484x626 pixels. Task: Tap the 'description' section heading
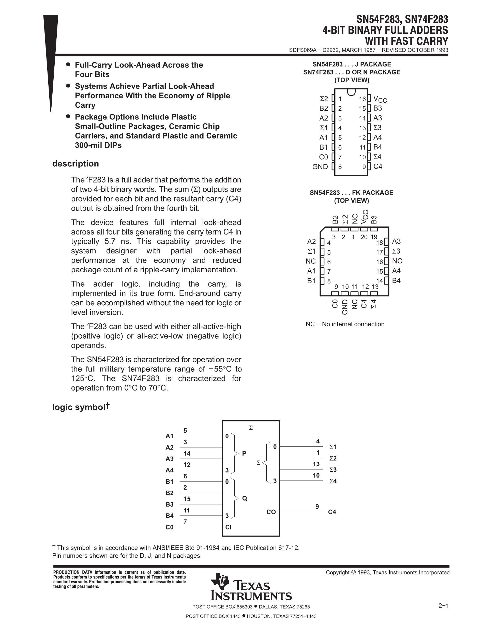tap(75, 164)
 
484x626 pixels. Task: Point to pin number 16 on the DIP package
tap(362, 99)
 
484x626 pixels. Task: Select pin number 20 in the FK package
tap(364, 237)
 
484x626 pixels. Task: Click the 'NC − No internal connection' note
tap(345, 324)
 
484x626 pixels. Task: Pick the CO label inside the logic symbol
tap(271, 512)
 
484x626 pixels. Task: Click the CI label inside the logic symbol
tap(229, 527)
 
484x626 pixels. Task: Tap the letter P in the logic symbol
tap(244, 453)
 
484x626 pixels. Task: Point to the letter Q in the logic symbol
tap(244, 498)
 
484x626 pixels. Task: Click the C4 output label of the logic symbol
tap(332, 512)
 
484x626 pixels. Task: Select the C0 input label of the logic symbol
tap(170, 527)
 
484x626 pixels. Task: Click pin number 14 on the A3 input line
tap(187, 453)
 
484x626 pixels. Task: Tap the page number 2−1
tap(443, 606)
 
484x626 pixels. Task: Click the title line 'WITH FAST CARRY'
tap(406, 41)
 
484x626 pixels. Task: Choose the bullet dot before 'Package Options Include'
tap(68, 116)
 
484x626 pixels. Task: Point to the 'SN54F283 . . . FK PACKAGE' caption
tap(351, 193)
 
